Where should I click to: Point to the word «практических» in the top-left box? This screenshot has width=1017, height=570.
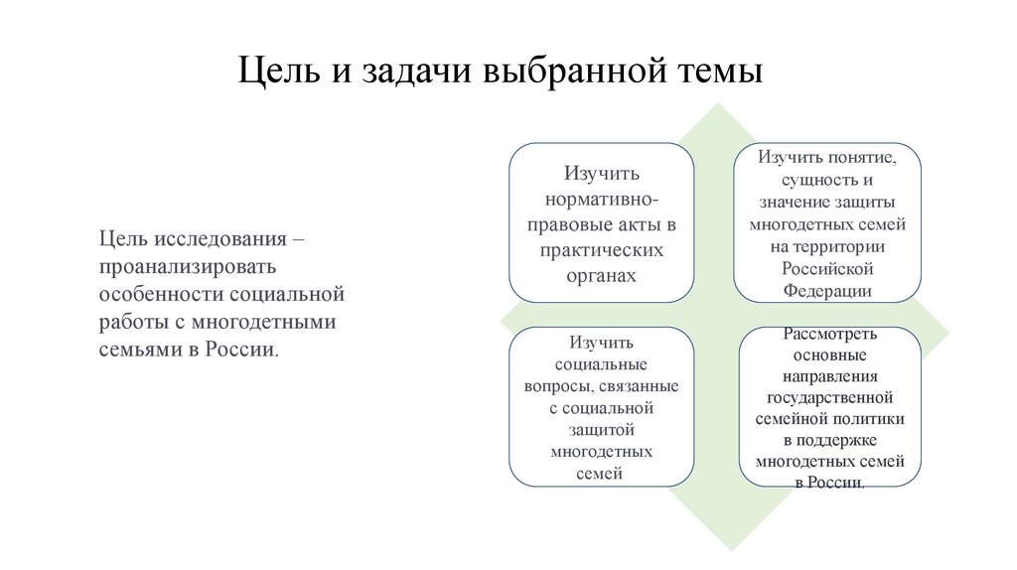601,250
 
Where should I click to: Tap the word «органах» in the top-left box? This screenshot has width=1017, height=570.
601,276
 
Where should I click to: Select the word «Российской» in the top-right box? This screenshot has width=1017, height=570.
826,268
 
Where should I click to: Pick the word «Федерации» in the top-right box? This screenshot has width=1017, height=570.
827,291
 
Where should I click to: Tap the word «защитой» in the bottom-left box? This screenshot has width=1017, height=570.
600,429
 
